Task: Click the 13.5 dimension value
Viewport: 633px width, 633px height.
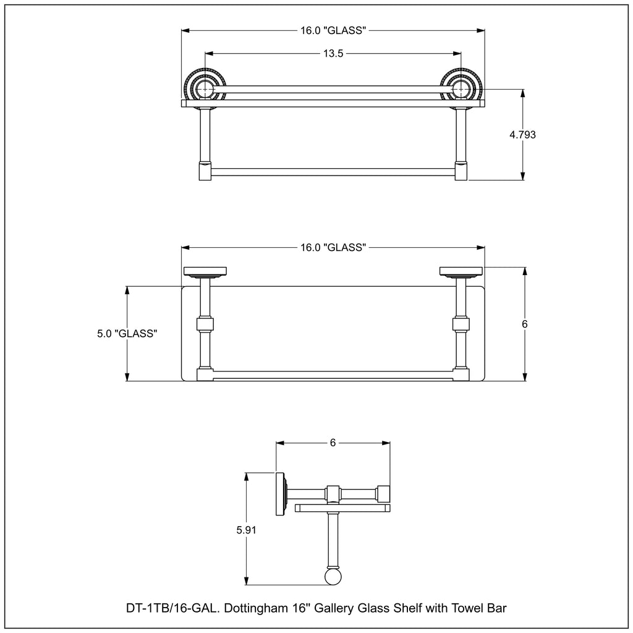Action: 333,53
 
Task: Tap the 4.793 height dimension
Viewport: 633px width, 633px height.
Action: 522,134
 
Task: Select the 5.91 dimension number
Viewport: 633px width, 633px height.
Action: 246,530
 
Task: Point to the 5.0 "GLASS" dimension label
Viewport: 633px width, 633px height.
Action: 127,333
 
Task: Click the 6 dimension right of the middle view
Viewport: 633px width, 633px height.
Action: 524,324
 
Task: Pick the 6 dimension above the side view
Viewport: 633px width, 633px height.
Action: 333,443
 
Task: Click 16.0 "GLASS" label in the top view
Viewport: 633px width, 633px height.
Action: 333,30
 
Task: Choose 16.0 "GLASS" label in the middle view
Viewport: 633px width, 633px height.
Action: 333,247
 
